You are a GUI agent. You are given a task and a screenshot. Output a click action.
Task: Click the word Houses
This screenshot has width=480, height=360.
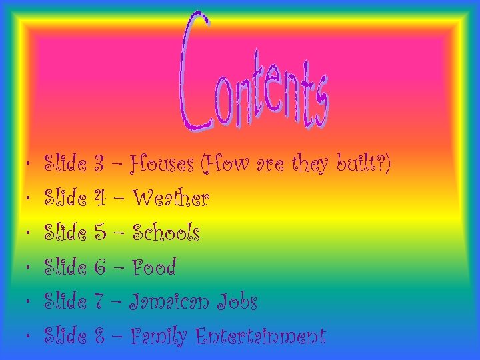tap(163, 163)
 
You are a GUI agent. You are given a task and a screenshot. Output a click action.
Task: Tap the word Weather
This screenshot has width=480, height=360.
tap(171, 198)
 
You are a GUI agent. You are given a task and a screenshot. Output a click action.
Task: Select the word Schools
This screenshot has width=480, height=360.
tap(166, 233)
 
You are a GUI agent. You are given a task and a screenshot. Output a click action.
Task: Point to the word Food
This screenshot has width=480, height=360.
tap(153, 268)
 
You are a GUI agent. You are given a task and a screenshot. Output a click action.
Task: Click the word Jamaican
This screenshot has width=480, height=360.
tap(171, 303)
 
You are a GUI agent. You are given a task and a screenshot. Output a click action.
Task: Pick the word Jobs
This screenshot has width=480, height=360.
tap(237, 303)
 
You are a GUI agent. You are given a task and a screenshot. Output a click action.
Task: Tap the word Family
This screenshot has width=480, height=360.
tap(159, 337)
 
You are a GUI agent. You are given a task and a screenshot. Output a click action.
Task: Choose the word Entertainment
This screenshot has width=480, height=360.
tap(260, 337)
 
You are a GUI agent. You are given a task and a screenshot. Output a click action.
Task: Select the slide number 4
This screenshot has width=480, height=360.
tap(100, 198)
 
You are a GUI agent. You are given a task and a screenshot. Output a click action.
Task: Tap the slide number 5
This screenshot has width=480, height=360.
tap(100, 233)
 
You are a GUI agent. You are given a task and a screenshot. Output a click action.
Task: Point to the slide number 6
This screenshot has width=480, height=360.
tap(100, 268)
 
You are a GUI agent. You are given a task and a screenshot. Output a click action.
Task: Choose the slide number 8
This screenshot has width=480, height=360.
tap(100, 337)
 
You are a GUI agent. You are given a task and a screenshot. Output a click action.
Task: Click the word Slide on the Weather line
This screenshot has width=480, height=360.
tap(65, 198)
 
